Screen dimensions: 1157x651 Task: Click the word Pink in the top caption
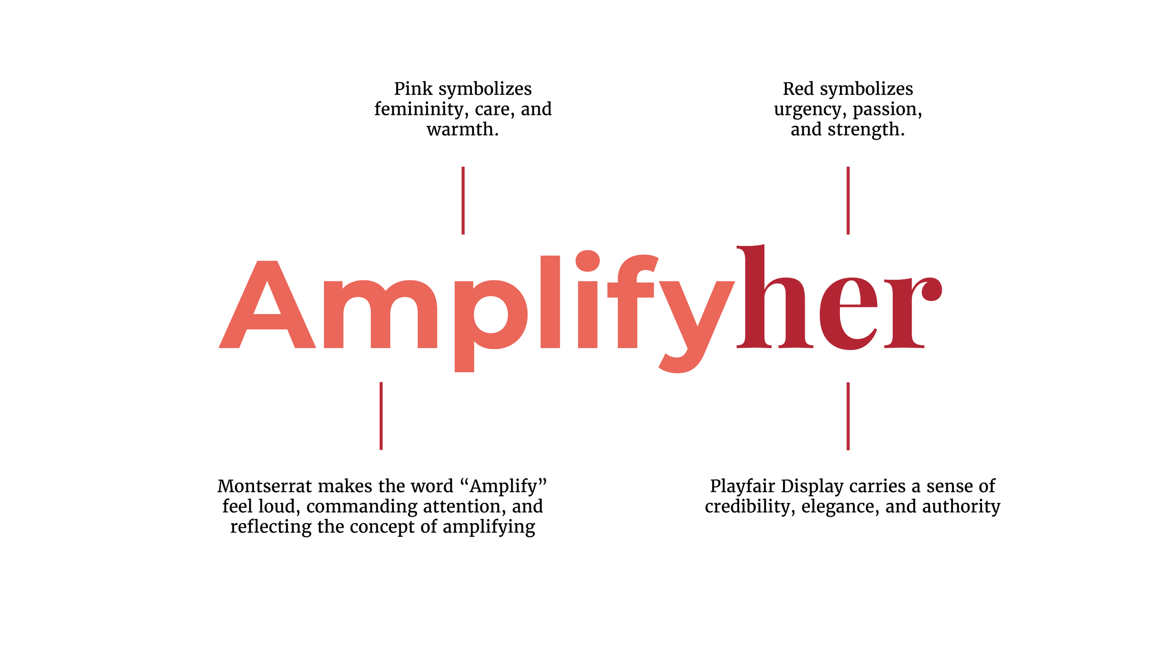click(x=413, y=88)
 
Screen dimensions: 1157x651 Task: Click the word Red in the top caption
click(x=798, y=88)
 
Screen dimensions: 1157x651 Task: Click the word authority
click(x=961, y=507)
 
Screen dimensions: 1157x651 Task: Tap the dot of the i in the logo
click(x=588, y=262)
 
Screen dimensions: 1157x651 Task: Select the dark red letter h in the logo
click(x=774, y=296)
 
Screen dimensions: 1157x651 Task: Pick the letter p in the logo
click(x=491, y=326)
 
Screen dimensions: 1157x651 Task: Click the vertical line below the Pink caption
click(x=463, y=200)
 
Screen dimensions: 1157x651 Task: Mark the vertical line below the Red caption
click(x=848, y=200)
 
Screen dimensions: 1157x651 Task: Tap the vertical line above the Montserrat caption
click(x=381, y=416)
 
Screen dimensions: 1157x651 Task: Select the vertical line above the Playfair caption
click(x=848, y=416)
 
